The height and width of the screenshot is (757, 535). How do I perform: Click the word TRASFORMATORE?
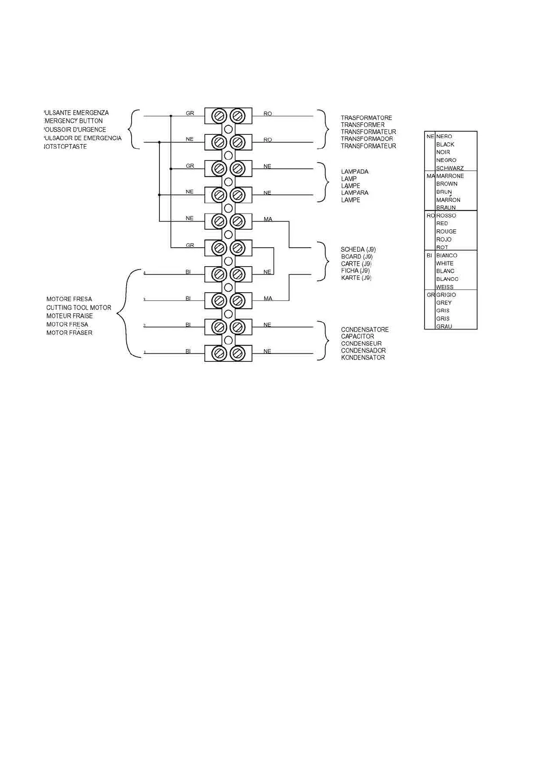366,118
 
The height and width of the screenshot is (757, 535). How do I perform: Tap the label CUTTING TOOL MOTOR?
79,307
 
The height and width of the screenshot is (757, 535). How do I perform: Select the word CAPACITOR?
357,336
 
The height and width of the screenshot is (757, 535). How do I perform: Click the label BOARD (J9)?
357,257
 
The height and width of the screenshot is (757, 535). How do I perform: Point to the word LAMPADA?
354,172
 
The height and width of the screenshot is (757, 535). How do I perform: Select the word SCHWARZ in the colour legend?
450,168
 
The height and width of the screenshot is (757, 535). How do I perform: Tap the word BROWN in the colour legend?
447,184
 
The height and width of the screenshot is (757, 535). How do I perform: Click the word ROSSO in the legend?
446,216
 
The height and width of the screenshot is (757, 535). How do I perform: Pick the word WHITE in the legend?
445,263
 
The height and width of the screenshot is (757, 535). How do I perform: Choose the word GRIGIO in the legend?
446,295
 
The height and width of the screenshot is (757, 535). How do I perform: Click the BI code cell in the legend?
429,255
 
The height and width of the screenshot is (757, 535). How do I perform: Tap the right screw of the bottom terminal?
237,353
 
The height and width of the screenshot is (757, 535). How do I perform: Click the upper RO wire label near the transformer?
268,114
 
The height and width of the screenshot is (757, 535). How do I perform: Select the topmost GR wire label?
190,113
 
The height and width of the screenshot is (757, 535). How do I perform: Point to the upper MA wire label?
268,219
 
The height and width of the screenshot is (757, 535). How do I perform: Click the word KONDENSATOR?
363,358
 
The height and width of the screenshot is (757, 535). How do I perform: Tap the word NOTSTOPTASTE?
66,147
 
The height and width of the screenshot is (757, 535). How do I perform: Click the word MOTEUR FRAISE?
70,316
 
